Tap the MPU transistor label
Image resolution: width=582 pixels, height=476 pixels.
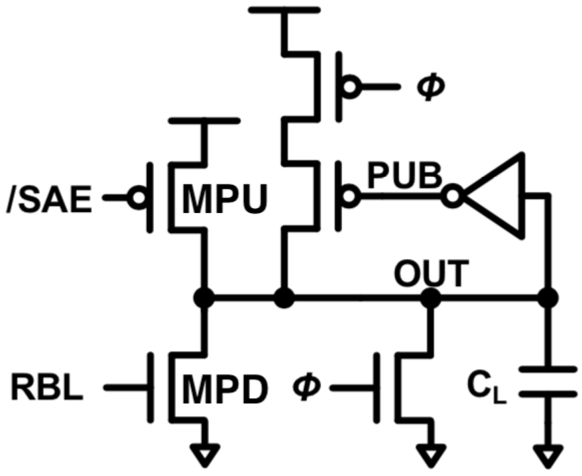tap(224, 199)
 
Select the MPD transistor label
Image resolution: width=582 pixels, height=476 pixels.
tap(224, 389)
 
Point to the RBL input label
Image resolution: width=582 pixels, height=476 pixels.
tap(47, 388)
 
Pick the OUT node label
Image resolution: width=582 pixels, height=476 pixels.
tap(431, 274)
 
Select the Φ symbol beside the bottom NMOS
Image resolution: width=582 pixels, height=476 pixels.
tap(307, 387)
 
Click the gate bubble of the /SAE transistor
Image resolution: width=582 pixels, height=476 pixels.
tap(138, 197)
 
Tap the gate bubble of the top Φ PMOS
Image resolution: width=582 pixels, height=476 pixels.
tap(350, 86)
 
